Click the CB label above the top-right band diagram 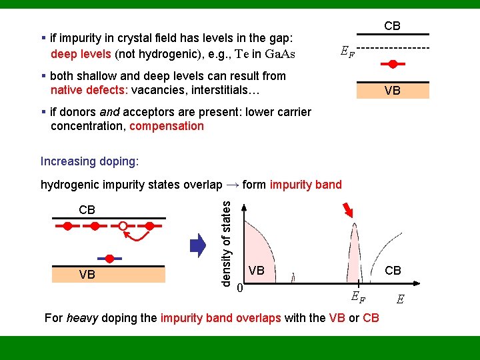[x=392, y=26]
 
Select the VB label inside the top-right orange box [x=392, y=91]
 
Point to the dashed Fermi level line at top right [x=393, y=48]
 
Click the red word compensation [x=167, y=126]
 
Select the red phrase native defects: [x=89, y=90]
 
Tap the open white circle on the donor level [x=123, y=227]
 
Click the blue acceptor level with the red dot [x=108, y=257]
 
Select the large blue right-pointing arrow [x=198, y=246]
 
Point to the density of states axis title [x=226, y=244]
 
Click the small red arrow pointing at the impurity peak [x=347, y=212]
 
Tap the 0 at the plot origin [x=239, y=288]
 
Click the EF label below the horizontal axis [x=358, y=297]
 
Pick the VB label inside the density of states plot [x=256, y=270]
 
